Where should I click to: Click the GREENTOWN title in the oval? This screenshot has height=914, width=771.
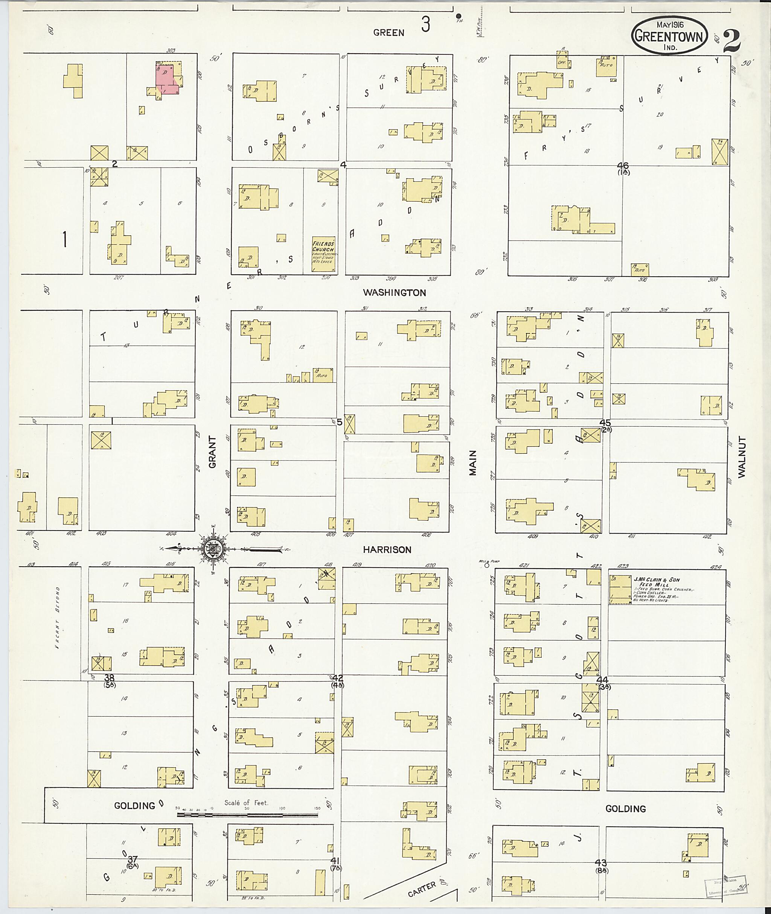669,36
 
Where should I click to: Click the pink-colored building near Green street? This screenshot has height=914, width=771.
166,79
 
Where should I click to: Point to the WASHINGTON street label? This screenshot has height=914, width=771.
394,293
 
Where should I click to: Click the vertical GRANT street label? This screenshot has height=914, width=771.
212,452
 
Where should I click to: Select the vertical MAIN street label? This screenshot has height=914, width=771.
473,463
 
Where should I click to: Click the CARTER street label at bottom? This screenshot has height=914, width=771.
422,889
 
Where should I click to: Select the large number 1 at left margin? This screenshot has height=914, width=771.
65,239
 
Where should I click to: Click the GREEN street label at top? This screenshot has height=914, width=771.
389,33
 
